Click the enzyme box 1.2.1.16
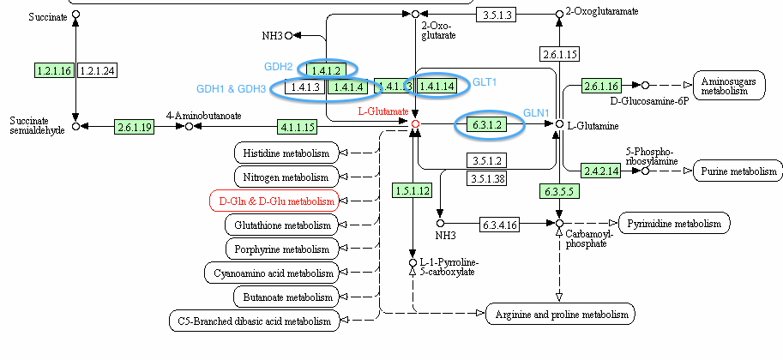click(54, 69)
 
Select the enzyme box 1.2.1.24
click(97, 69)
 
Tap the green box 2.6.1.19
click(135, 127)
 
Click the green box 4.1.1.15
click(298, 127)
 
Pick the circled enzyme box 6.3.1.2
click(486, 125)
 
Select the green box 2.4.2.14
click(602, 171)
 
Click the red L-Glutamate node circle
click(416, 124)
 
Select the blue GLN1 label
click(535, 112)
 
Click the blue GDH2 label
click(279, 66)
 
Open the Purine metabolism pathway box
click(735, 171)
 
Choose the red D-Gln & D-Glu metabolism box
click(274, 201)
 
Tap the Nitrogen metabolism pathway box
click(286, 177)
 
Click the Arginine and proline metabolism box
click(561, 314)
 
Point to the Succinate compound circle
click(75, 15)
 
